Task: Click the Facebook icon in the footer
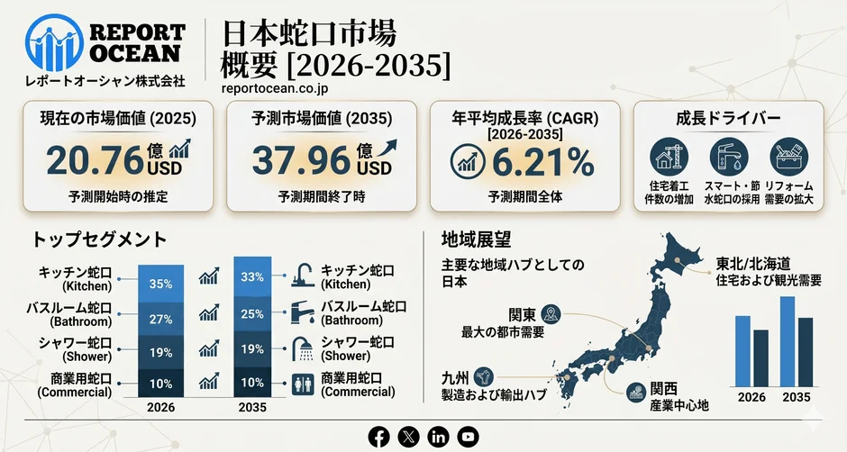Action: pyautogui.click(x=380, y=436)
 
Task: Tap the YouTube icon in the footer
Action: pyautogui.click(x=467, y=436)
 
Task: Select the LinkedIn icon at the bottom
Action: pyautogui.click(x=438, y=436)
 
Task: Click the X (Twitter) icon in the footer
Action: pyautogui.click(x=409, y=436)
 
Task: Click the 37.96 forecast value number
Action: pyautogui.click(x=301, y=160)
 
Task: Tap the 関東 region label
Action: pyautogui.click(x=523, y=314)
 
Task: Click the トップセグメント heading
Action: pyautogui.click(x=99, y=240)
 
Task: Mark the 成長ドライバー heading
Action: pyautogui.click(x=728, y=119)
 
